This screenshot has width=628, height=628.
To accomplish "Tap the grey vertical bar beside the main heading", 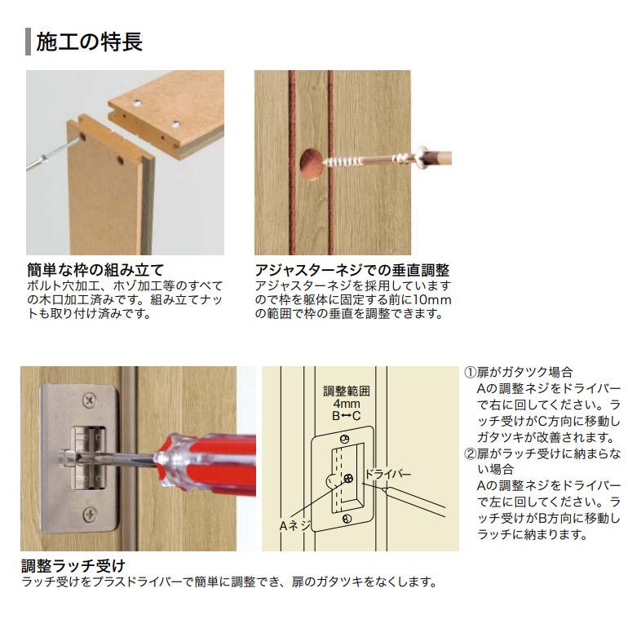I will (29, 41).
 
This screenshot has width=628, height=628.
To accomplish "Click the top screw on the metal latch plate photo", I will (88, 402).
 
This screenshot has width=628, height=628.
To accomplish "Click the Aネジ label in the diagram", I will (295, 526).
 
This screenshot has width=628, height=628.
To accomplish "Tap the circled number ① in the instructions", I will (471, 372).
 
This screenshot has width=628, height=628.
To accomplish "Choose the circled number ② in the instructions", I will (471, 453).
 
